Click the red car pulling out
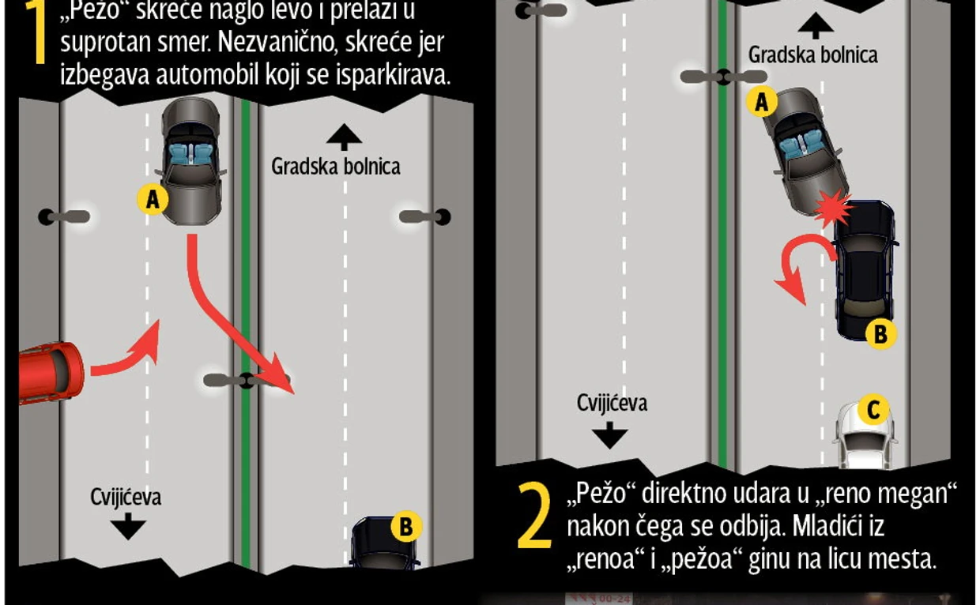[x=51, y=372]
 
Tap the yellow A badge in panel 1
[x=153, y=200]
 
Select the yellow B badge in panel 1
[x=405, y=526]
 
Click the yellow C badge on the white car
[x=873, y=409]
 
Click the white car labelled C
[x=865, y=438]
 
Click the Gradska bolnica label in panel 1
[x=335, y=167]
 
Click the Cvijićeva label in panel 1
[x=126, y=497]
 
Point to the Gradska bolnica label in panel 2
[x=812, y=54]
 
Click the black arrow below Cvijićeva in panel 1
[x=127, y=525]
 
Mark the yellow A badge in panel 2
[x=762, y=102]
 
